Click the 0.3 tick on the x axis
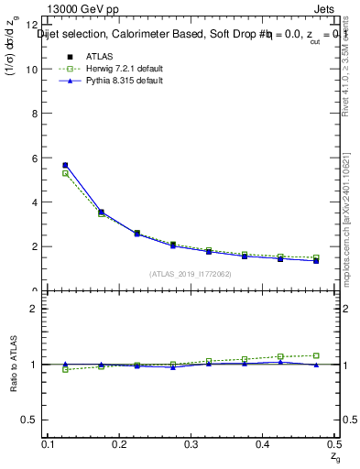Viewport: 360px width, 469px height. point(191,444)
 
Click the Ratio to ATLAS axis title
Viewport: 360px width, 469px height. point(13,364)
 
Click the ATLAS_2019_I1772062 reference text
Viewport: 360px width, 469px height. point(191,274)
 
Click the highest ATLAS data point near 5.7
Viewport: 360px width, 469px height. point(65,165)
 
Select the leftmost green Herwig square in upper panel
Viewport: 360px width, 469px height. point(65,173)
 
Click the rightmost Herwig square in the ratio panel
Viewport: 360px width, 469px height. point(316,355)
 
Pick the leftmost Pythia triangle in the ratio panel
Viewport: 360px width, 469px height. point(65,364)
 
